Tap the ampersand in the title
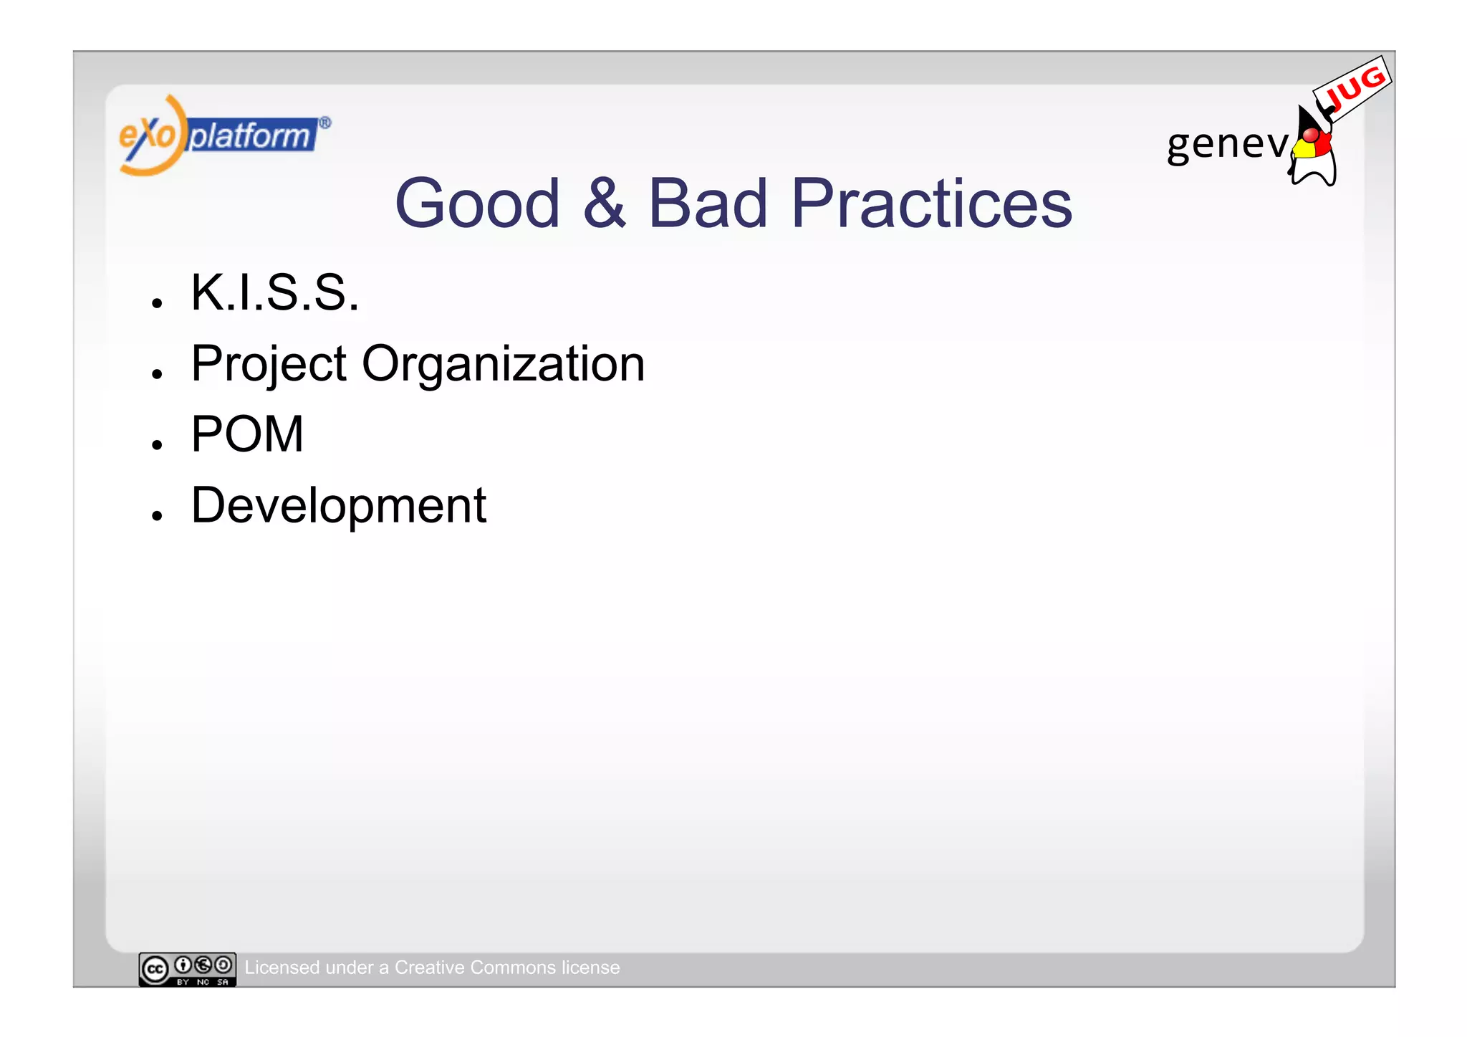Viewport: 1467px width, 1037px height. point(604,204)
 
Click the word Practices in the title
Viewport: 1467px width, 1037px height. point(931,204)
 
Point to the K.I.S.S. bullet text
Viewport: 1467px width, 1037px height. point(274,293)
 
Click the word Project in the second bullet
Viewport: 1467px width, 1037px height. point(269,365)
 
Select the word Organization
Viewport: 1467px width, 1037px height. point(503,365)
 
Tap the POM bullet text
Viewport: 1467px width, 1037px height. point(247,434)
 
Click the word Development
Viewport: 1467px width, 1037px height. point(338,506)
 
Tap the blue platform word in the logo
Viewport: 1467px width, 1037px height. point(251,135)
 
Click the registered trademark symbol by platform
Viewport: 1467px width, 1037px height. point(324,123)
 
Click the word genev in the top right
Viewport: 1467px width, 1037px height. point(1226,144)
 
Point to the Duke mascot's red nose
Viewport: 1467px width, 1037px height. point(1310,135)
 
